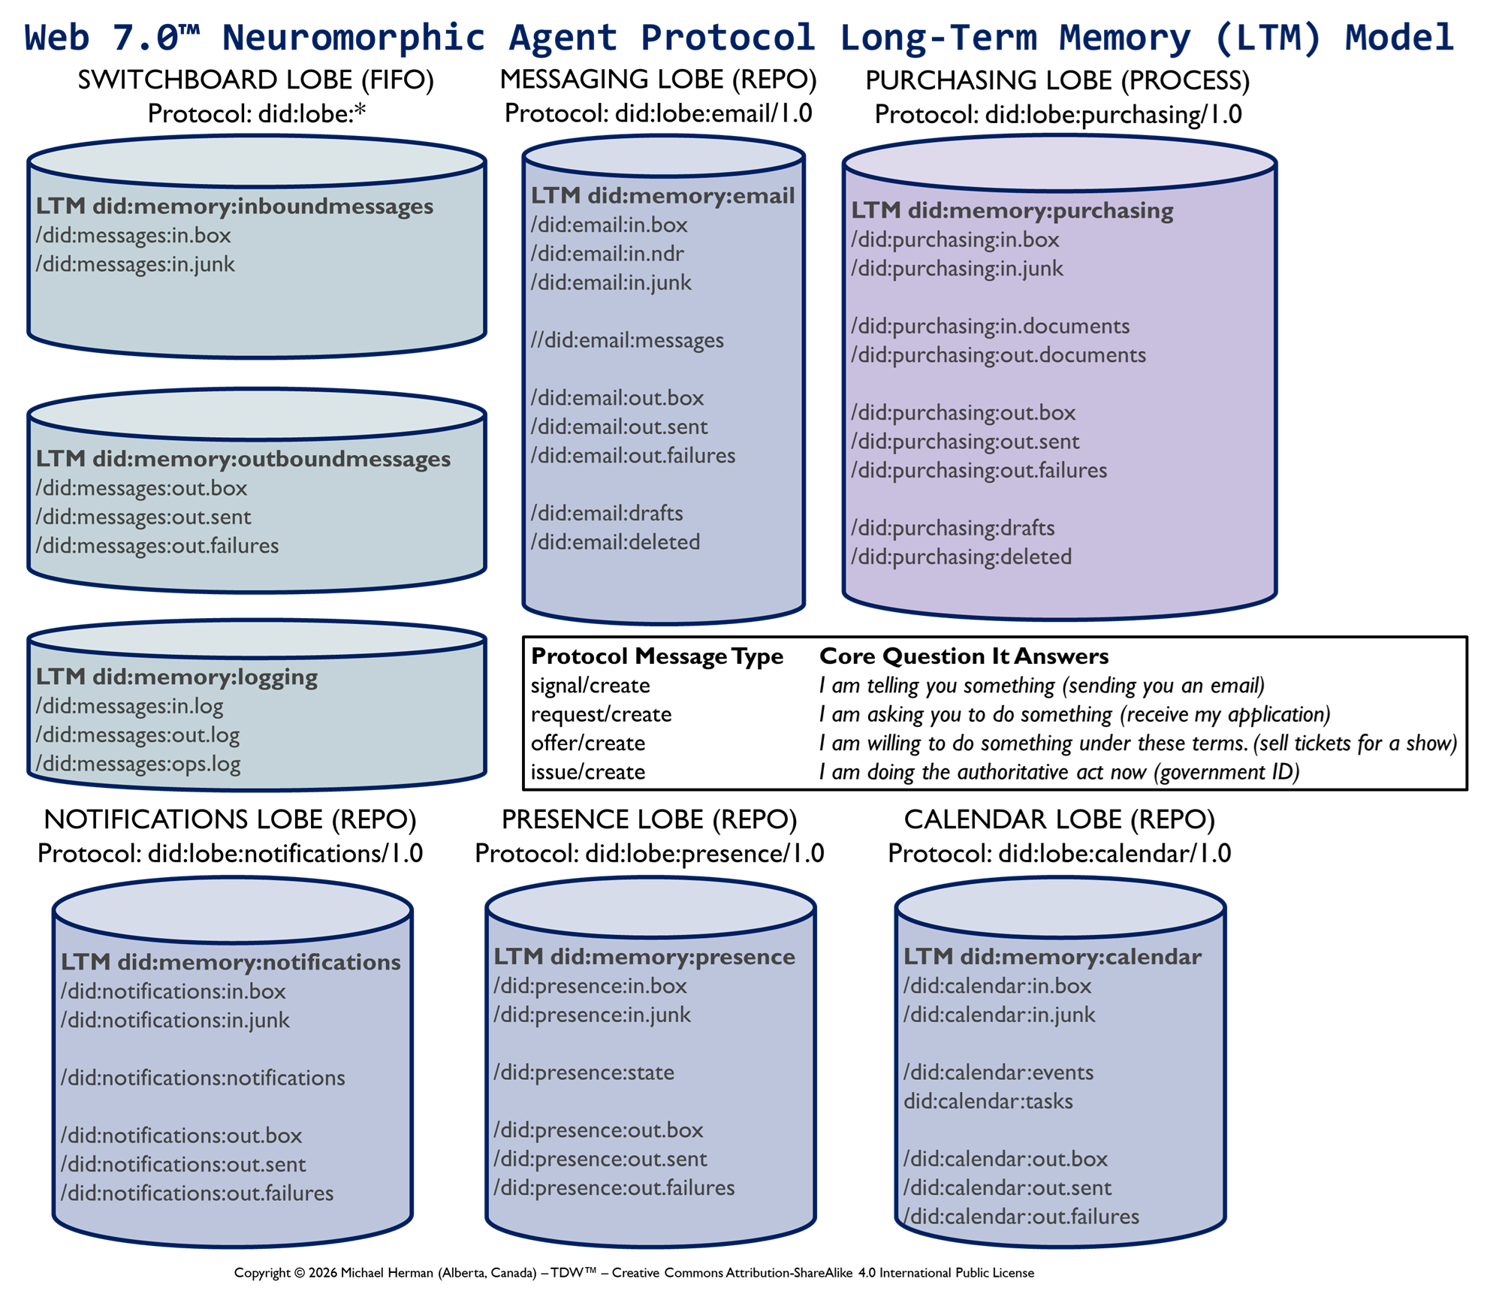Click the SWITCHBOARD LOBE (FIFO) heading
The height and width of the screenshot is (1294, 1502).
(x=255, y=80)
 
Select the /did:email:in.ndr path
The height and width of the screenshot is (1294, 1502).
(x=607, y=254)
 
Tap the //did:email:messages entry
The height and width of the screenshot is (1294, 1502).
(x=627, y=340)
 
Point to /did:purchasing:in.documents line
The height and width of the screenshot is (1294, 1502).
(x=990, y=326)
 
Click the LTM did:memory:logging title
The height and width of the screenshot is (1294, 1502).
(x=176, y=677)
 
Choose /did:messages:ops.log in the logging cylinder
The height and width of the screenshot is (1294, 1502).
(x=138, y=764)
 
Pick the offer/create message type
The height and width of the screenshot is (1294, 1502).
(x=588, y=743)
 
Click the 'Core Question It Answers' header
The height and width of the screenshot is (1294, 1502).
(x=964, y=656)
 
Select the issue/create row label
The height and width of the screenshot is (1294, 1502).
(x=588, y=772)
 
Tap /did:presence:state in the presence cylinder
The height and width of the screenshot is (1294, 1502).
(x=584, y=1072)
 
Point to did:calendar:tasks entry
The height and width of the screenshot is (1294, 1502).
(x=988, y=1101)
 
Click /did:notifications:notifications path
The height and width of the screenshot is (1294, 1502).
(x=203, y=1078)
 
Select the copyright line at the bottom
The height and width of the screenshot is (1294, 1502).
(x=634, y=1273)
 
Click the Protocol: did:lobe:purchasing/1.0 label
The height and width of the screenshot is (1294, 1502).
(x=1058, y=114)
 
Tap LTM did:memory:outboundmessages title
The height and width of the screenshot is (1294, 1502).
(x=243, y=459)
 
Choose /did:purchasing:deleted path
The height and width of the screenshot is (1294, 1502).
(x=961, y=557)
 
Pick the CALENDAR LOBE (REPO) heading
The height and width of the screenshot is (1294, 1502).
(x=1059, y=819)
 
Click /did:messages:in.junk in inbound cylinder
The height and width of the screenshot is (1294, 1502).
(x=135, y=264)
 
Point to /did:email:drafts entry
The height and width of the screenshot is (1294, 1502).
(x=607, y=513)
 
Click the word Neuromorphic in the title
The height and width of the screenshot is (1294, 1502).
(x=354, y=38)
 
